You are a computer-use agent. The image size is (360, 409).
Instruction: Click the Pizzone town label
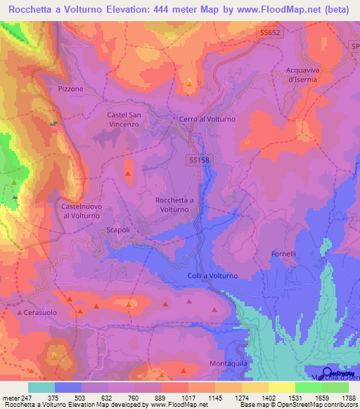(x=70, y=89)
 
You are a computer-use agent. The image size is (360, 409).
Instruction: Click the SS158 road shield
(x=200, y=160)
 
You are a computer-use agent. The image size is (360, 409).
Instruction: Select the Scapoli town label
(x=117, y=231)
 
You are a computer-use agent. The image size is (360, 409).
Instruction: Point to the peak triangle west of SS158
(x=128, y=173)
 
